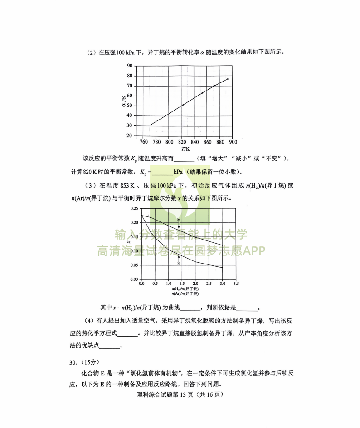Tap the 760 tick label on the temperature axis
coord(144,142)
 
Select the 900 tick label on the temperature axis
coord(233,142)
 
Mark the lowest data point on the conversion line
coord(151,124)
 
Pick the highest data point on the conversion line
coord(228,79)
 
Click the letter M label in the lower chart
coord(179,220)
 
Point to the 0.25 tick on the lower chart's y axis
coord(134,209)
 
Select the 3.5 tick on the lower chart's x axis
coord(236,284)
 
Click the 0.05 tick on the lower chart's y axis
coord(134,265)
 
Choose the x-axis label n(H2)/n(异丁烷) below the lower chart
coord(185,289)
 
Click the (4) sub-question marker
coord(89,321)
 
